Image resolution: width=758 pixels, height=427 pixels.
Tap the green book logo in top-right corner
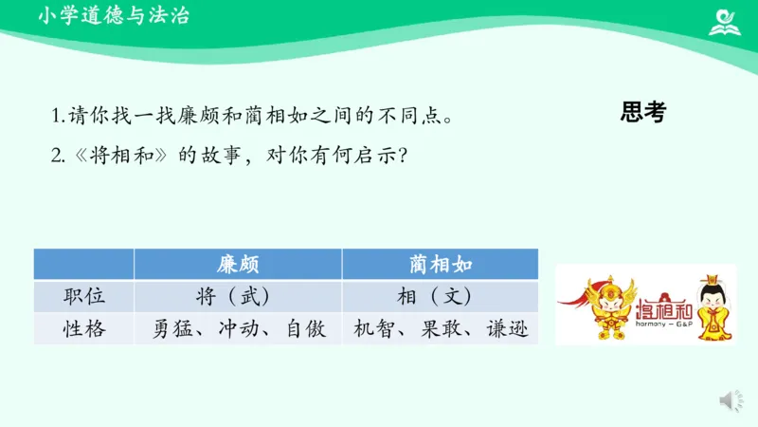(x=727, y=20)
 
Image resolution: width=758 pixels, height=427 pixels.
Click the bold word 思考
(x=643, y=112)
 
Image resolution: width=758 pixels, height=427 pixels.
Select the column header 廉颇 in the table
(x=238, y=265)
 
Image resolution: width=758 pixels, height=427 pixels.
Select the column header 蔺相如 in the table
(x=440, y=265)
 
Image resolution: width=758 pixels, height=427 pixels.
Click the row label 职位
(x=83, y=296)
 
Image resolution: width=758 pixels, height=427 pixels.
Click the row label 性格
(x=83, y=328)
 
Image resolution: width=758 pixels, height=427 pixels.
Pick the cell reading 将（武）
(x=238, y=296)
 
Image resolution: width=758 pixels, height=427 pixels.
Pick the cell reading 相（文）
(x=440, y=296)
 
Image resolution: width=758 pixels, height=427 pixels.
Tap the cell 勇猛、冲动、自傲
(x=238, y=328)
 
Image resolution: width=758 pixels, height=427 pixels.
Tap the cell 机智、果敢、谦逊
(x=440, y=328)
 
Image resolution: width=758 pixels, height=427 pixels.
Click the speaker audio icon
(x=731, y=401)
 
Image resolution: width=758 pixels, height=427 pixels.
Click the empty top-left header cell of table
(x=83, y=265)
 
